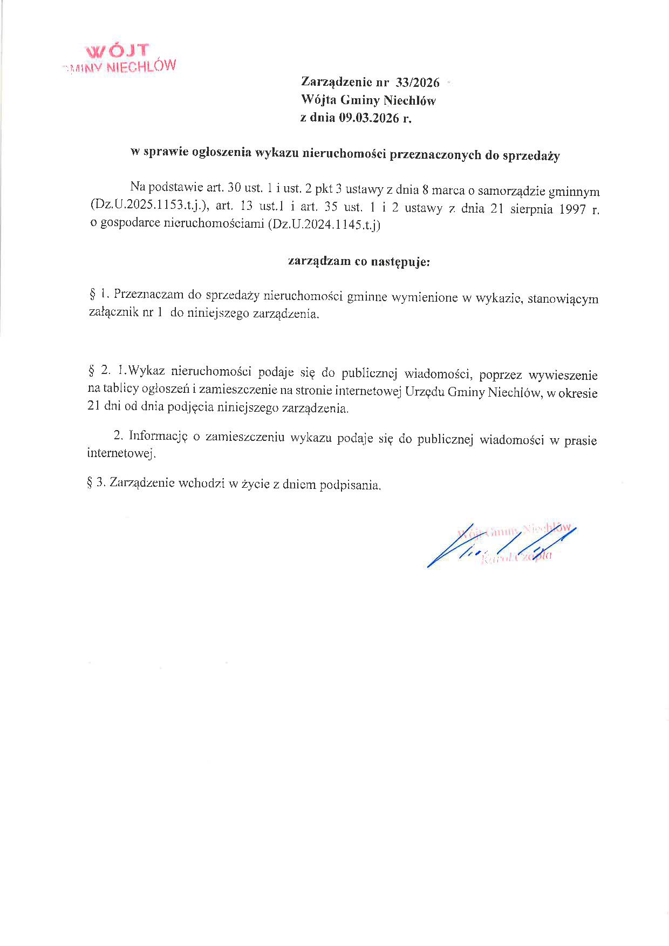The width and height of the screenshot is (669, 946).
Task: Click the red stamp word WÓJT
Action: (117, 51)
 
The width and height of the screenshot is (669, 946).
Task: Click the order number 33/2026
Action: (417, 83)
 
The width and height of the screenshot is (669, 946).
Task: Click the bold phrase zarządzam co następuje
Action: (359, 262)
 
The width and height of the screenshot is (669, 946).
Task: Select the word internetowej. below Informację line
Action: (121, 453)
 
